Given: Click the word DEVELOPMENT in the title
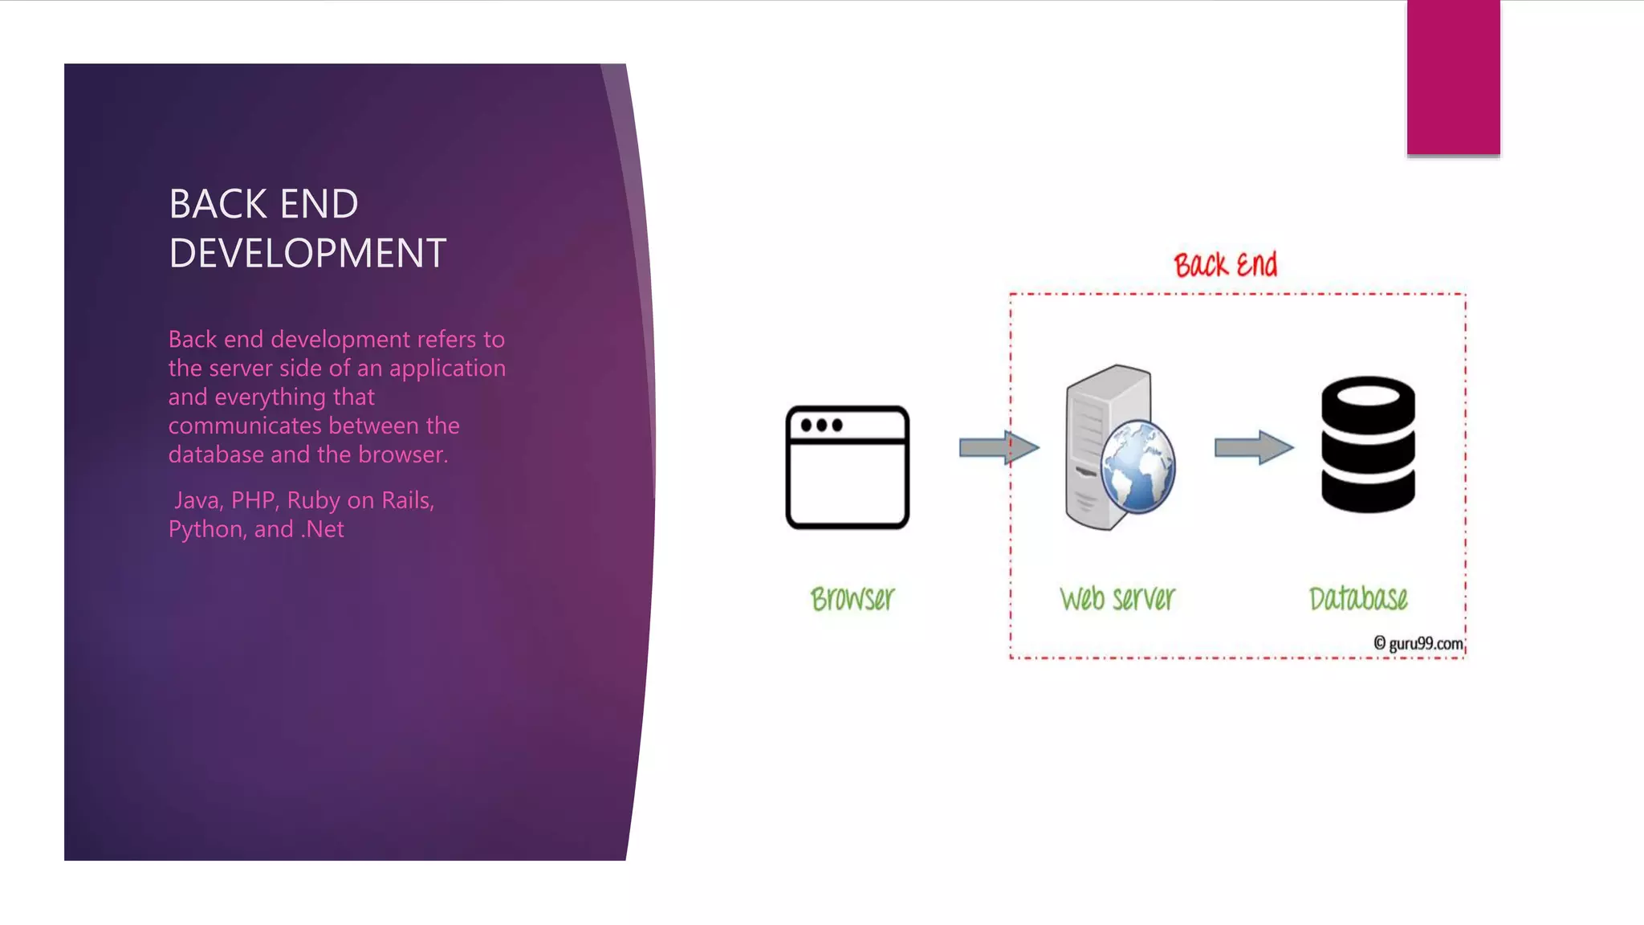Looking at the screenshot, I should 307,254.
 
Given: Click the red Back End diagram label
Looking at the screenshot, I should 1225,265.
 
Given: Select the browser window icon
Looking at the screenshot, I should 847,467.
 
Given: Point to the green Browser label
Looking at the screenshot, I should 852,599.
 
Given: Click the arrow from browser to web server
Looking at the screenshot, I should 999,447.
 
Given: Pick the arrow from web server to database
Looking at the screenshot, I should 1253,447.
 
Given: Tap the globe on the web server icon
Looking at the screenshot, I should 1137,467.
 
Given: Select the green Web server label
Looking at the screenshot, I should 1117,599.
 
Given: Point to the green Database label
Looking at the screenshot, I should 1358,599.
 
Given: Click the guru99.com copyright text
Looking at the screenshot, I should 1418,643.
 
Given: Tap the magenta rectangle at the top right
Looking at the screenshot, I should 1453,77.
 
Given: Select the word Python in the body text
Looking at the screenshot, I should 206,530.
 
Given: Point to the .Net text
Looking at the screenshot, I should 322,530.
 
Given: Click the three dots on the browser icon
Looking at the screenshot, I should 821,425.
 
